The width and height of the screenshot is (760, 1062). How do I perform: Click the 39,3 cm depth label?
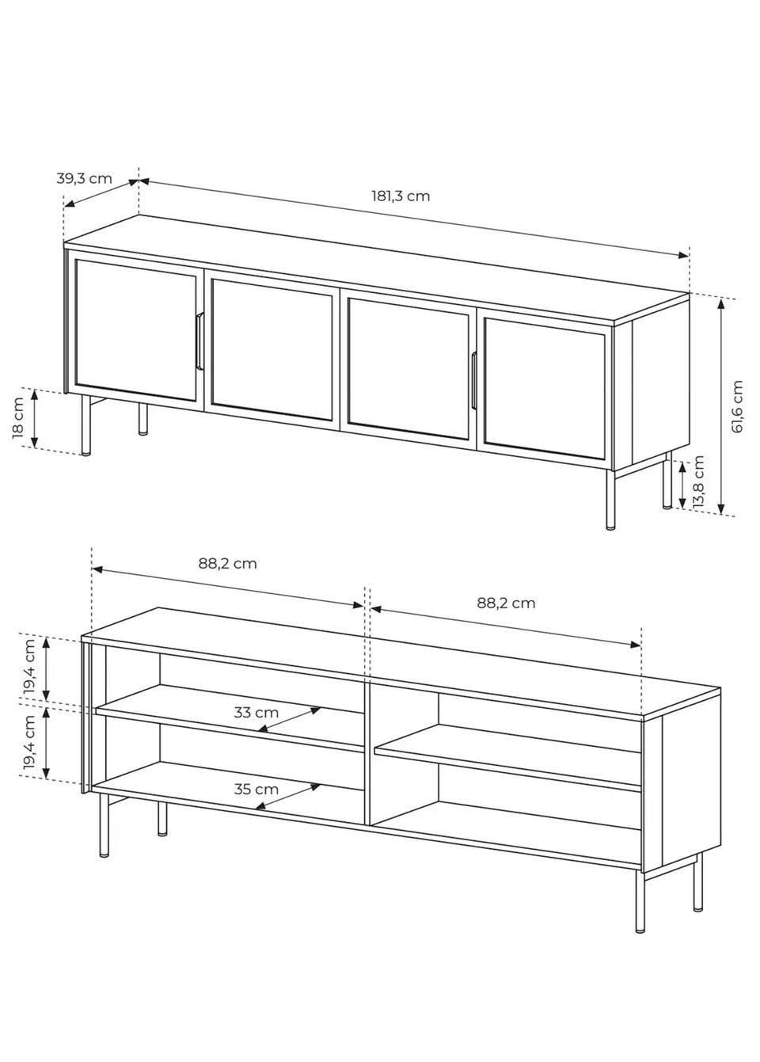85,179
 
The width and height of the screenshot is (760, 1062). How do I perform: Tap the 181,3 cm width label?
401,196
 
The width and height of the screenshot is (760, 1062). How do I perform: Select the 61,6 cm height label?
738,406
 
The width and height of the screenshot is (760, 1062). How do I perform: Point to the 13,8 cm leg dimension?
698,482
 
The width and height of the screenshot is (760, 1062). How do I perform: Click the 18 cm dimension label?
18,417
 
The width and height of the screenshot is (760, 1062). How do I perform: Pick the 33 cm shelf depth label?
256,712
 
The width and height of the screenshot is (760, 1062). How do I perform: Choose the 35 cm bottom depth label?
256,790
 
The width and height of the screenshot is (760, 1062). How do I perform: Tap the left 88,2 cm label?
227,563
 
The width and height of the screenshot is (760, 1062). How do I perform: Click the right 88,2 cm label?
506,603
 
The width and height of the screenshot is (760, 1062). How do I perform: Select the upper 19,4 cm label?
30,666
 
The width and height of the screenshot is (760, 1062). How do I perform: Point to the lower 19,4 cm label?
30,741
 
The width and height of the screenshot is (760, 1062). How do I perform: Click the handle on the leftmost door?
199,341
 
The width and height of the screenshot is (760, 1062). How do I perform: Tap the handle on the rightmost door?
474,380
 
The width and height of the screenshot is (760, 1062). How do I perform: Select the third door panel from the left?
408,369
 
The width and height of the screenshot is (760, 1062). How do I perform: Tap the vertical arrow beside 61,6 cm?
721,407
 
